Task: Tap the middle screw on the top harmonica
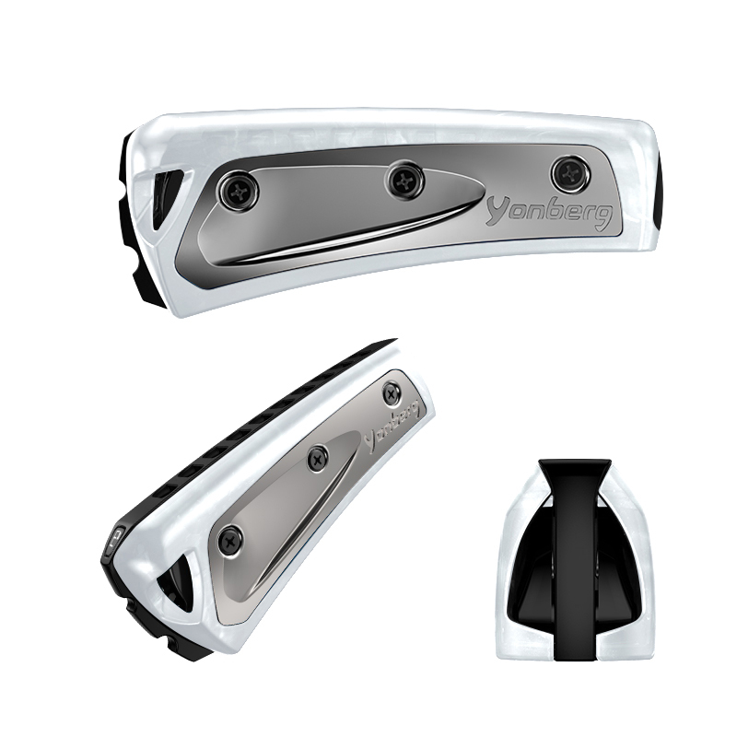click(x=404, y=180)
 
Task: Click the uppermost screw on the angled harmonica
click(x=392, y=392)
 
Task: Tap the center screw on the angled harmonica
click(x=318, y=457)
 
